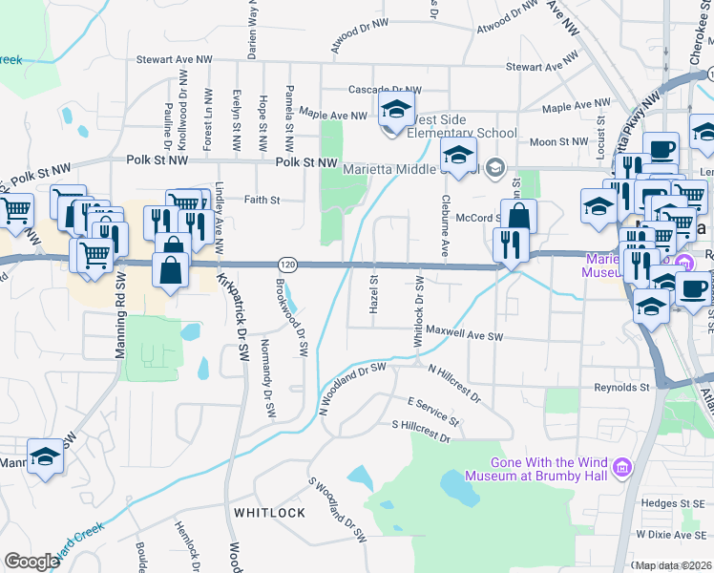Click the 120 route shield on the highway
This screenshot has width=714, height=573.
point(285,263)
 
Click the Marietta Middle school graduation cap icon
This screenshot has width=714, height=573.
point(459,155)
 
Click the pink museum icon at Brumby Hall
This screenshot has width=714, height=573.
point(622,468)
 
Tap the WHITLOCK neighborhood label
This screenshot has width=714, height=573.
point(269,513)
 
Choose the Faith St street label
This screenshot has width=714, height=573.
point(262,201)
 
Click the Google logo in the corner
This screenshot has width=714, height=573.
point(31,562)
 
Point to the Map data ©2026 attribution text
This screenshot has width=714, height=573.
point(674,565)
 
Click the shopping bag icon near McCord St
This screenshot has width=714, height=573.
point(518,216)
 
